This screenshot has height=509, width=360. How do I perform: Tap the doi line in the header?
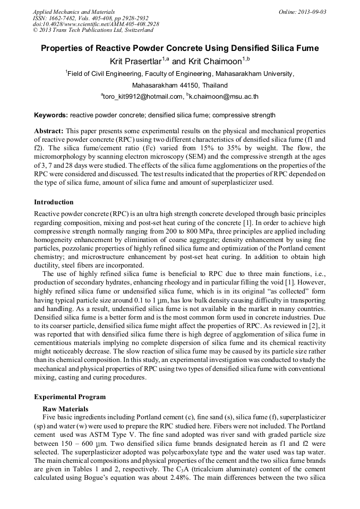[x=96, y=24]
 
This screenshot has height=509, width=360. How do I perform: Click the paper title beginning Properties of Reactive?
[x=180, y=48]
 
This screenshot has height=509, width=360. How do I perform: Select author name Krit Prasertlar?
[x=136, y=62]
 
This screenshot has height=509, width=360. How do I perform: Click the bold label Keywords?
[x=50, y=115]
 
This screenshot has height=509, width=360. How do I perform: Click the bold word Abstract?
[x=49, y=131]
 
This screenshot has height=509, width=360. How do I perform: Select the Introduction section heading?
[x=54, y=202]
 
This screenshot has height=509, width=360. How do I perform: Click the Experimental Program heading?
[x=70, y=397]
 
